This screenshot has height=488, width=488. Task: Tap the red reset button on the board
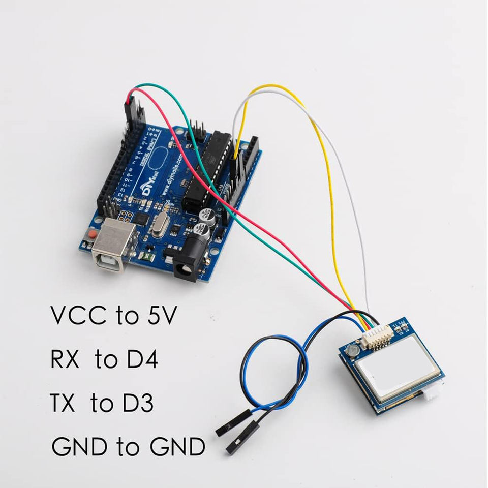pyautogui.click(x=93, y=235)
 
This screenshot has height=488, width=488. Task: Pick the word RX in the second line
pyautogui.click(x=65, y=361)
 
